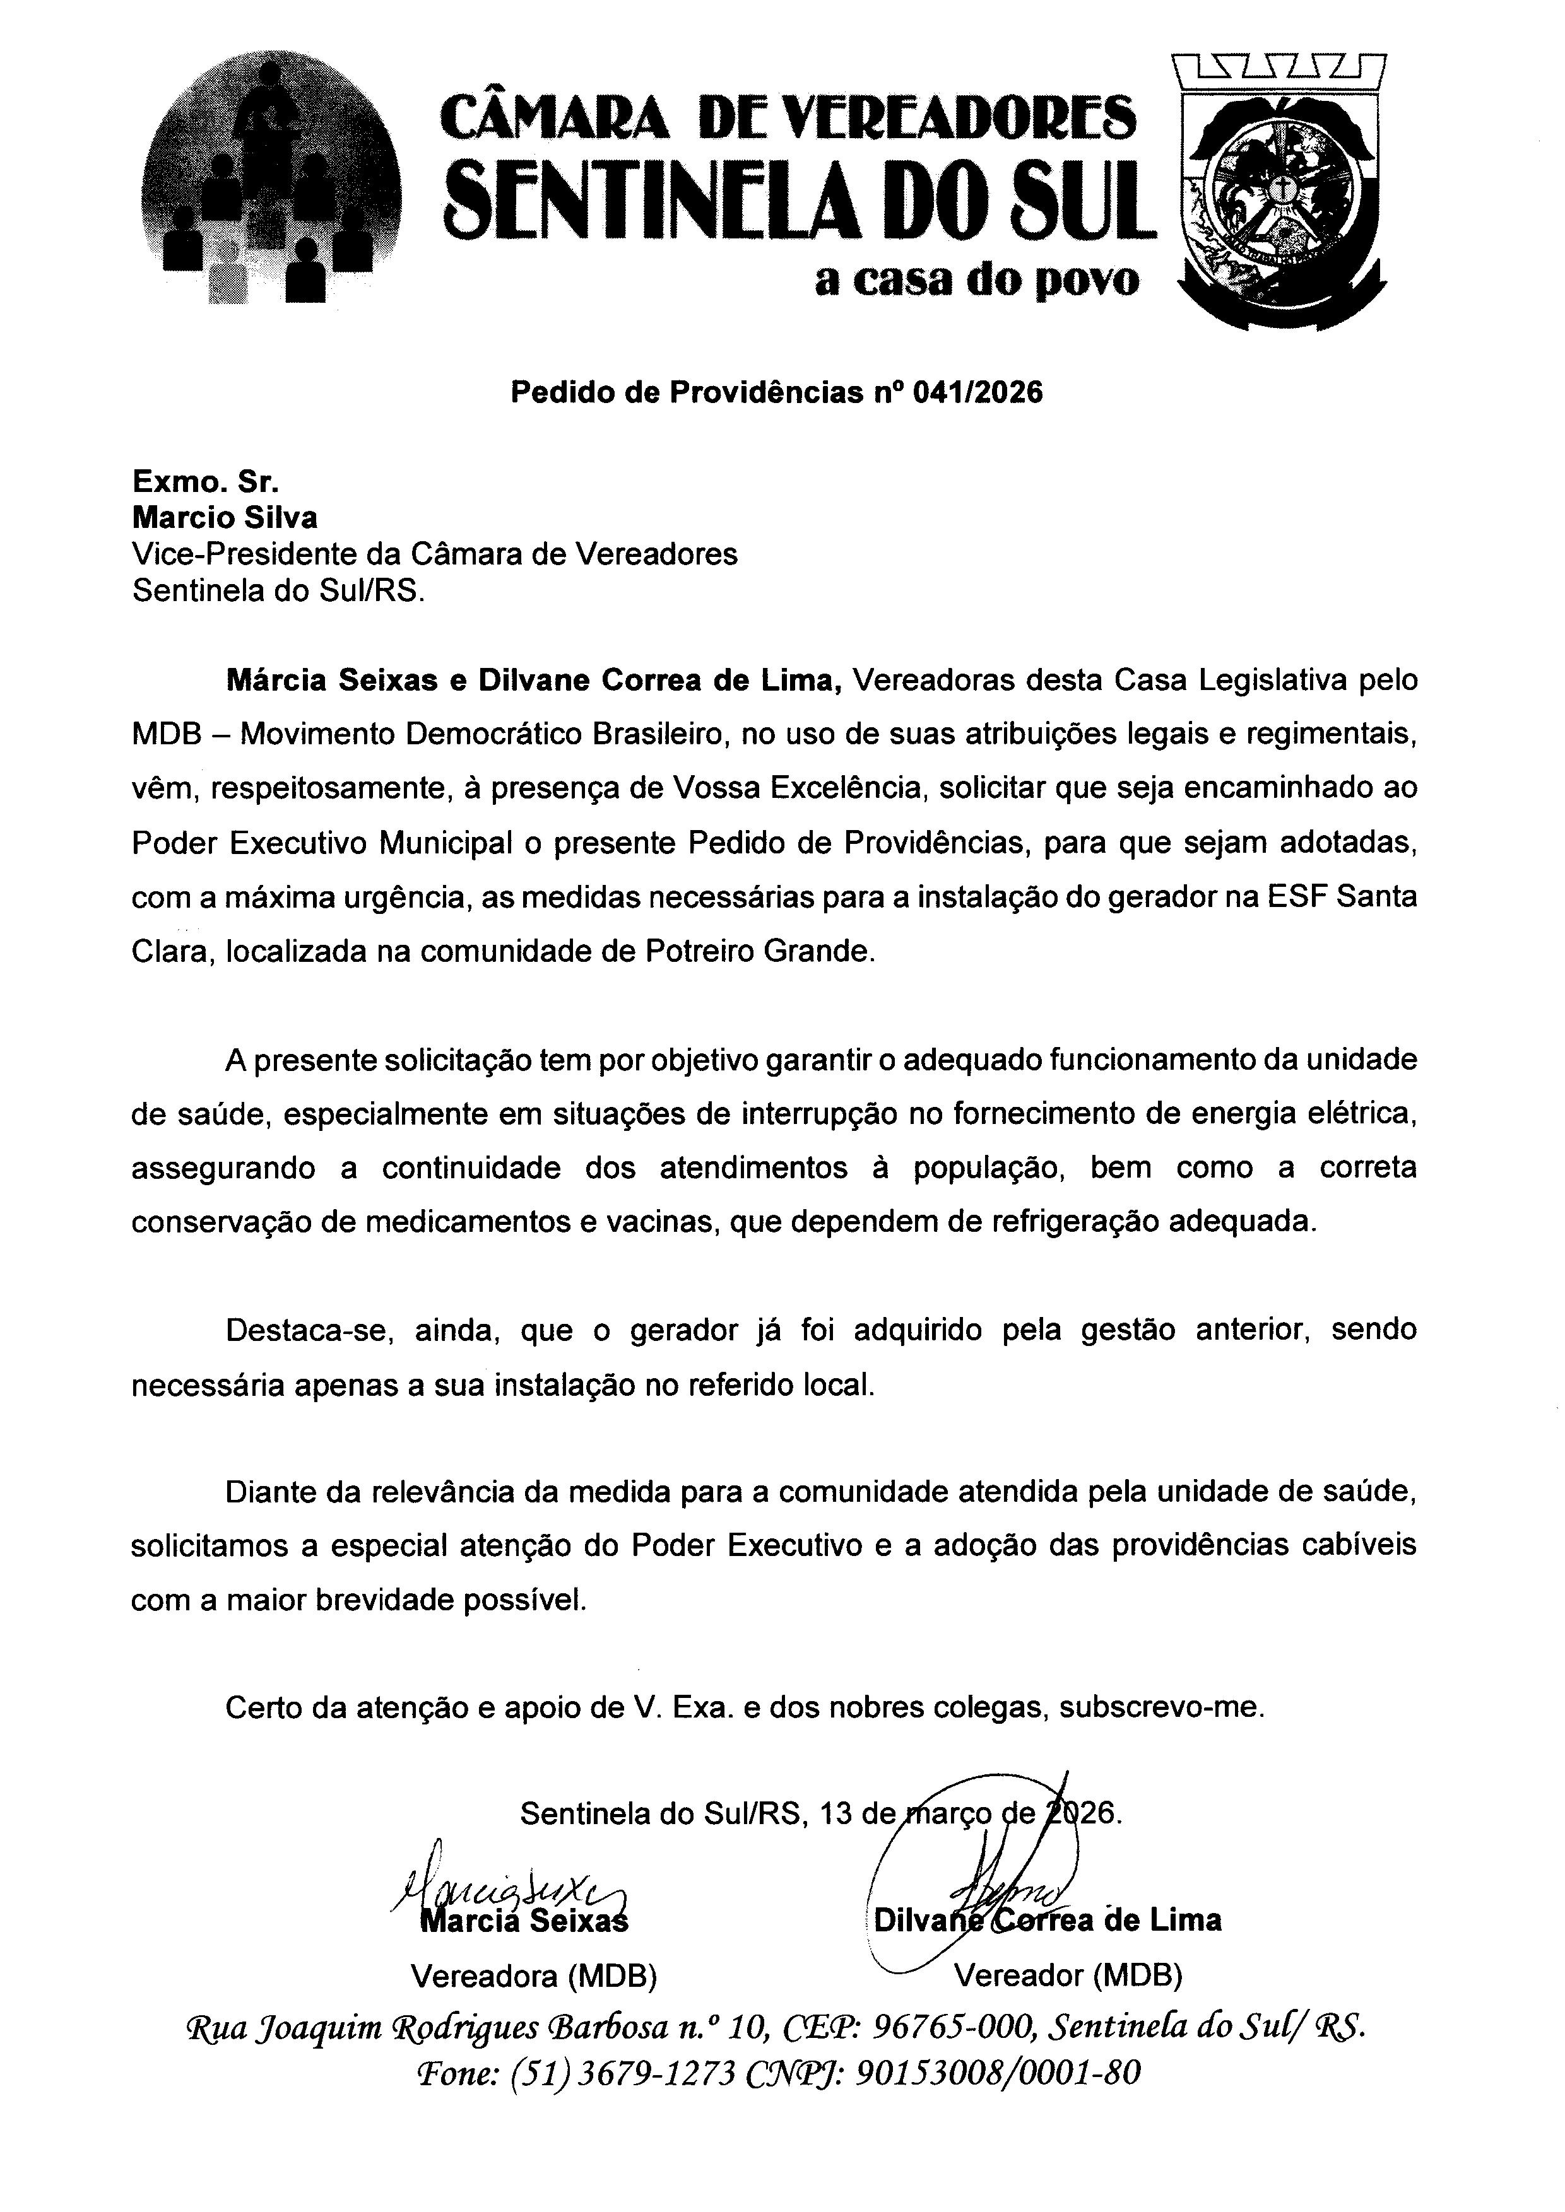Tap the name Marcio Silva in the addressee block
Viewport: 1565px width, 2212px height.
click(x=225, y=518)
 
